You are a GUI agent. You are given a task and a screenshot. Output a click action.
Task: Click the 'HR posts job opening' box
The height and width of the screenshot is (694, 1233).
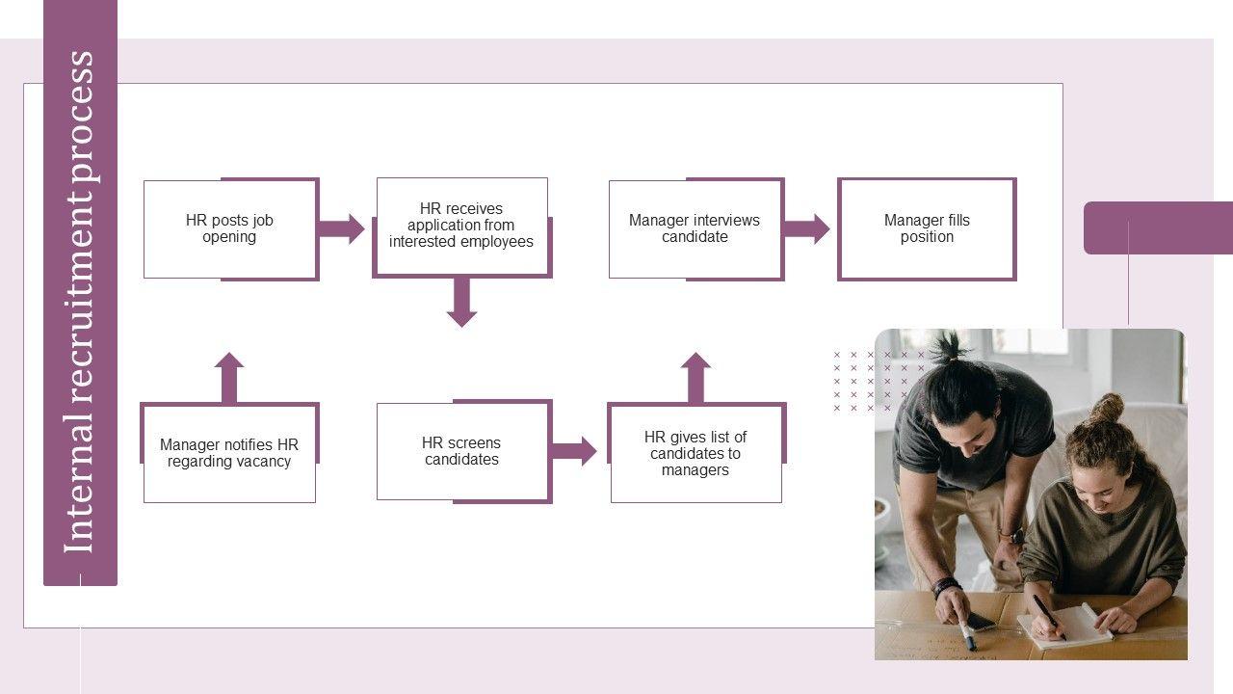pyautogui.click(x=230, y=229)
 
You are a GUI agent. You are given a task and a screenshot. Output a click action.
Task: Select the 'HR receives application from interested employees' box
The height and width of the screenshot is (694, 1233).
pyautogui.click(x=461, y=227)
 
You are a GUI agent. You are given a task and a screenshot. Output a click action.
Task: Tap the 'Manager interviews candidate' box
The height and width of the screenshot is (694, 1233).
pyautogui.click(x=695, y=229)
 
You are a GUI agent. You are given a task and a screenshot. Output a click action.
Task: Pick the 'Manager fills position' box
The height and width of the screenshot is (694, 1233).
pyautogui.click(x=927, y=229)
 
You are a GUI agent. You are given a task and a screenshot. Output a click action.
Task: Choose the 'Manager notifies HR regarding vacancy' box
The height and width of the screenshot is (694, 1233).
pyautogui.click(x=229, y=453)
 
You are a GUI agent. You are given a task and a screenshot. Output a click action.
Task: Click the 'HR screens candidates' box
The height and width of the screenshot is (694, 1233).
pyautogui.click(x=462, y=451)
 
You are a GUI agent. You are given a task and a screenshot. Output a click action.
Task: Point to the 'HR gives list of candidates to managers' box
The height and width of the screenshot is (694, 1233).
pyautogui.click(x=695, y=453)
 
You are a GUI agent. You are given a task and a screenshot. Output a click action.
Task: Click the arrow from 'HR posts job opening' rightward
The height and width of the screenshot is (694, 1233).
pyautogui.click(x=342, y=229)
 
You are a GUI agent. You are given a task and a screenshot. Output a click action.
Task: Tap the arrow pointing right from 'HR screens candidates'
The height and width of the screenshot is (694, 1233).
pyautogui.click(x=574, y=451)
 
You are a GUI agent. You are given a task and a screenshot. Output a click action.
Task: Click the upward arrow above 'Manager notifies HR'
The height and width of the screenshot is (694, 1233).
pyautogui.click(x=229, y=377)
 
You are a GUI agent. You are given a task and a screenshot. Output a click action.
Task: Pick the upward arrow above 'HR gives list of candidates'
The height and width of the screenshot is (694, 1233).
pyautogui.click(x=695, y=377)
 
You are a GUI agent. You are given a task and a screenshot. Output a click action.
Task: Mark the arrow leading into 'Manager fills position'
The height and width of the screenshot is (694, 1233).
pyautogui.click(x=807, y=229)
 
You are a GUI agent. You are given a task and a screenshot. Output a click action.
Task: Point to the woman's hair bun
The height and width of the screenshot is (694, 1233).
pyautogui.click(x=1107, y=408)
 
